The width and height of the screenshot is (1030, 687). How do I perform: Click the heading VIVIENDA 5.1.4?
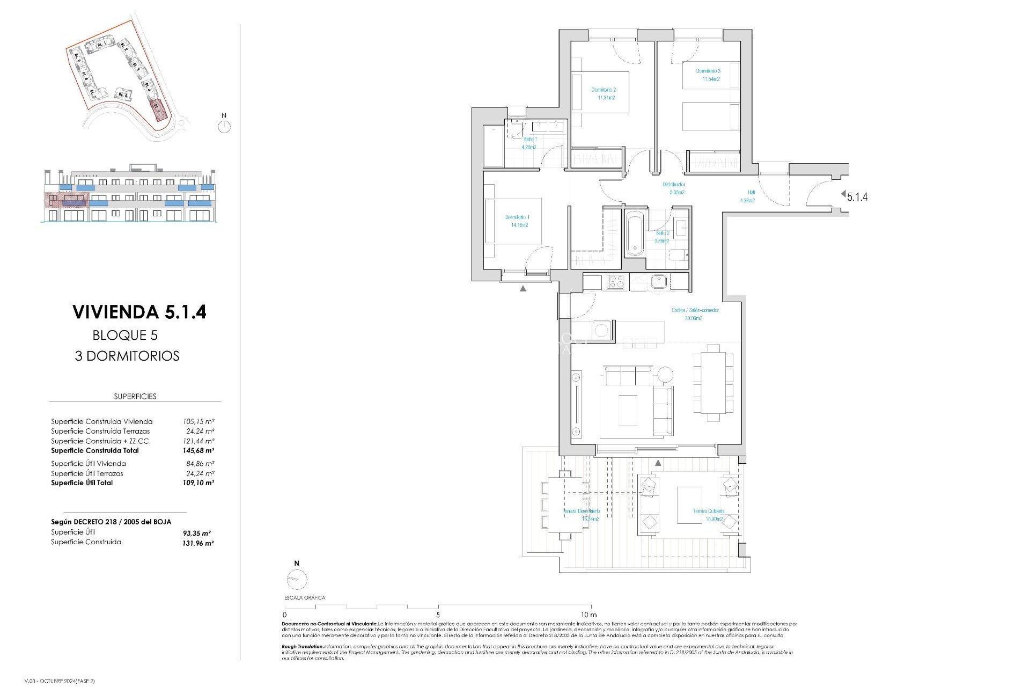tap(139, 312)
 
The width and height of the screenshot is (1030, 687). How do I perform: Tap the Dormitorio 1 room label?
tap(517, 217)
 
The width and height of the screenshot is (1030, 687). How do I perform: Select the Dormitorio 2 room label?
tap(604, 90)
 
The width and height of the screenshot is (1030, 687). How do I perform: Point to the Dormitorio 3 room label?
tap(708, 71)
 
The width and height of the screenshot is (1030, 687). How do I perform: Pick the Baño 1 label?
tap(530, 139)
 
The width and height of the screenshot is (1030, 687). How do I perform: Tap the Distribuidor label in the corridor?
tap(673, 185)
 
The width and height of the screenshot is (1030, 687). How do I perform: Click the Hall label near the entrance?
tap(751, 193)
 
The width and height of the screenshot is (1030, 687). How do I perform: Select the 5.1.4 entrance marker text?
tap(857, 197)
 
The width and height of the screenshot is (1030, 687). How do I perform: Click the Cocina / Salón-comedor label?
tap(695, 310)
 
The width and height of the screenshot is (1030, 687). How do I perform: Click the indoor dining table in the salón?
tap(713, 382)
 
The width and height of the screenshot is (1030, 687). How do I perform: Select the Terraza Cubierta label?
tap(708, 511)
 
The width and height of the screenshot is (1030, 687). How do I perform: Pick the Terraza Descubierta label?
tap(582, 511)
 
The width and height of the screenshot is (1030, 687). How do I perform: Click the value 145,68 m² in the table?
tap(198, 451)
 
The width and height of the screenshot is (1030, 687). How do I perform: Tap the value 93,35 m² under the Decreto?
tap(196, 533)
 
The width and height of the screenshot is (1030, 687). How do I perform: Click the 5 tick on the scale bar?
tap(438, 615)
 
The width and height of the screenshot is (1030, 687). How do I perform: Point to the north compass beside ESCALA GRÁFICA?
tap(297, 580)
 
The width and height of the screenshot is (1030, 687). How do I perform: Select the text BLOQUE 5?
tap(125, 335)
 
